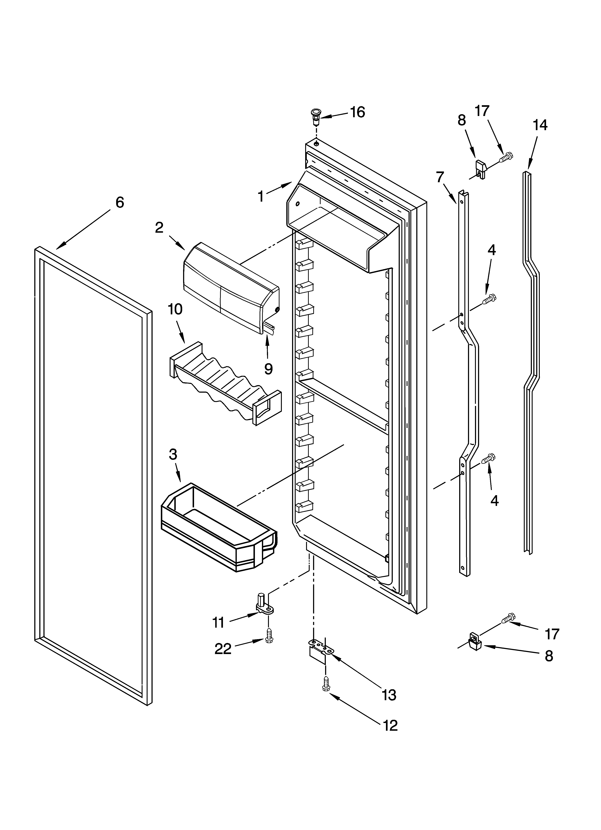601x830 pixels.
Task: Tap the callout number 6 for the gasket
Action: click(120, 202)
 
